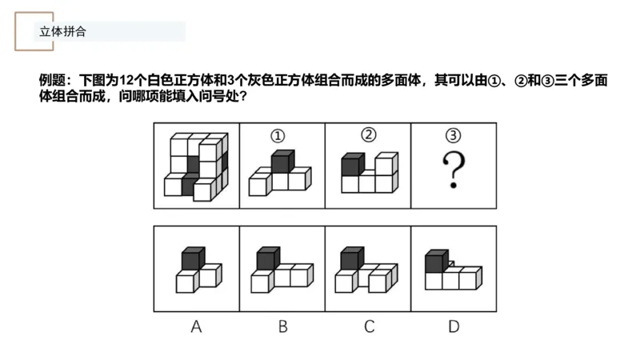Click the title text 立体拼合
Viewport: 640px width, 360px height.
pos(62,32)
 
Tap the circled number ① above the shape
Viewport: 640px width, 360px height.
pos(278,135)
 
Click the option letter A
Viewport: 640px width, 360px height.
pos(196,326)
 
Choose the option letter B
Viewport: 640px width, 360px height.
pos(282,326)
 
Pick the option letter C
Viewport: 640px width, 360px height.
pos(368,326)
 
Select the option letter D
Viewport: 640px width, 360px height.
pos(454,326)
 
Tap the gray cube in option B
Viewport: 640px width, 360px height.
pos(267,258)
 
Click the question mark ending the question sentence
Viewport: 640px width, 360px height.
pos(242,98)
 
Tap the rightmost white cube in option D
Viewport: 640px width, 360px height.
pos(470,278)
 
